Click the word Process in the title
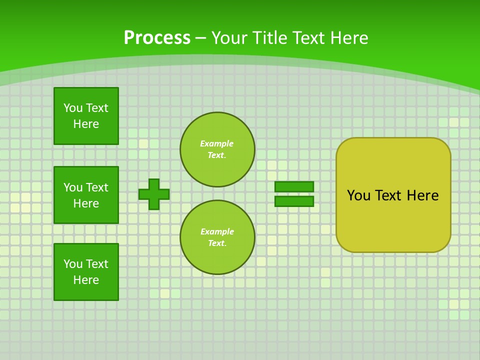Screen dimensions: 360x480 coord(157,38)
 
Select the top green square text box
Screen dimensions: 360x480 coord(86,116)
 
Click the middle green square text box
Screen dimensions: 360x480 coord(86,195)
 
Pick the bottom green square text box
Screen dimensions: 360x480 coord(86,272)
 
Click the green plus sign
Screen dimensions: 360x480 coord(154,194)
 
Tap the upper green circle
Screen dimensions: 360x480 coord(217,149)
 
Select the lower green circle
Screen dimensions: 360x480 coord(217,237)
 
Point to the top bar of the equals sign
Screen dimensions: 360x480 coord(294,186)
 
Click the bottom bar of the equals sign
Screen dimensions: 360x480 coord(294,201)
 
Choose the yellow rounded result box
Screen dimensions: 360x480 coord(393,220)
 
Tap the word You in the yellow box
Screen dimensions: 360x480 coord(358,195)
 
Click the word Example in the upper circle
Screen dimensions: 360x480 coord(217,144)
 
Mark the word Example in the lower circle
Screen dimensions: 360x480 coord(217,232)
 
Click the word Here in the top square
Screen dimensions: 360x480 coord(86,124)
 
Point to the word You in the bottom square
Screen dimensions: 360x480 coord(73,264)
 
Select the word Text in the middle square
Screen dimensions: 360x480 coord(97,187)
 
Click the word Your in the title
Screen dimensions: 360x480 coord(228,38)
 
